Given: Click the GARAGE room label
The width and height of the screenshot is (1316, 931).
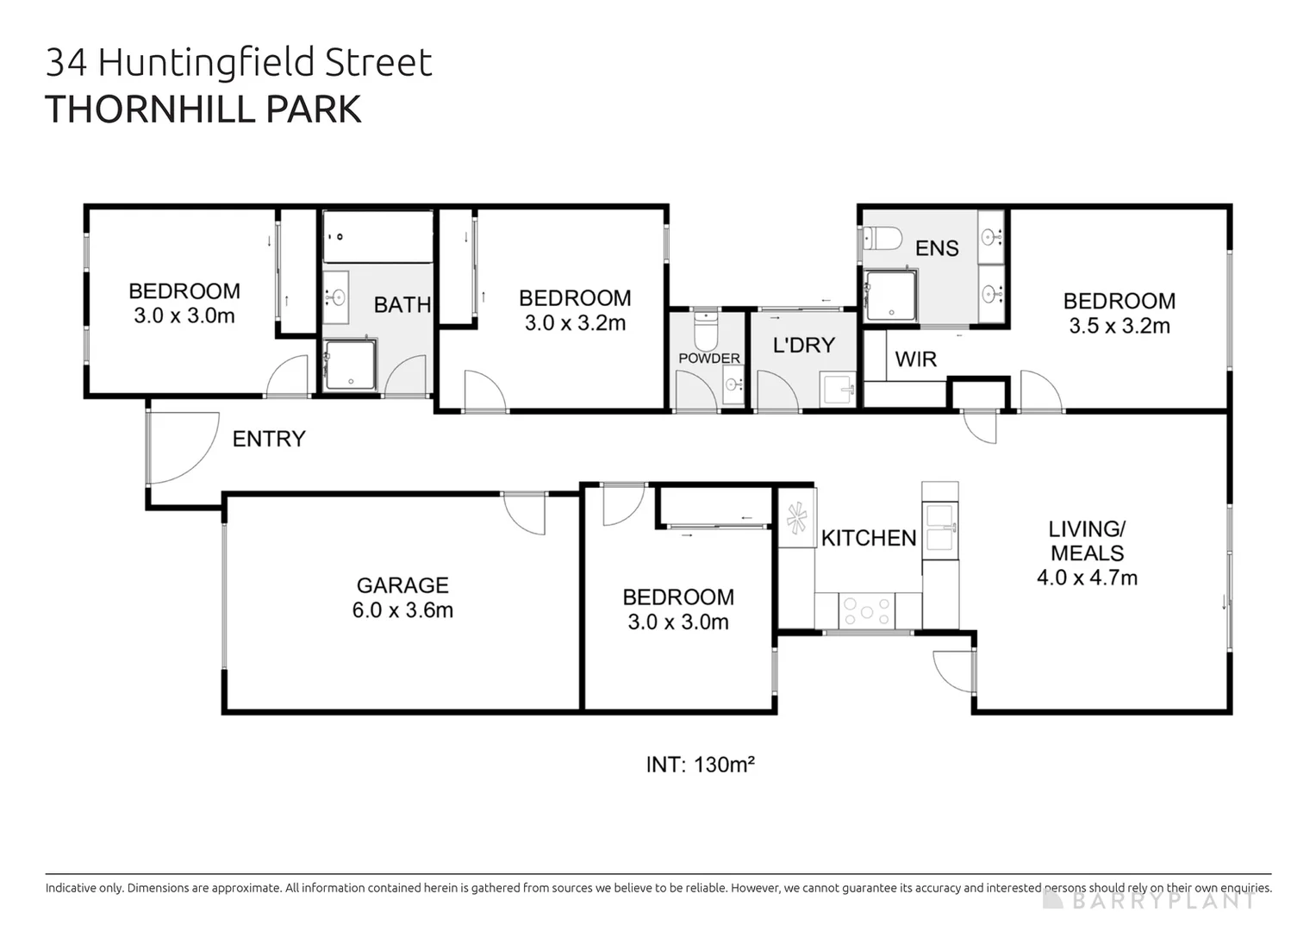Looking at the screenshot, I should point(402,585).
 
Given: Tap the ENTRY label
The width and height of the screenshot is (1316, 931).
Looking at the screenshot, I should point(269,439).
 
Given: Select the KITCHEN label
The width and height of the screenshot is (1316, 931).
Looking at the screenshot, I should point(869,538).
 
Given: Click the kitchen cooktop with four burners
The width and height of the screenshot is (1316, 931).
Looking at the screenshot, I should point(867,611).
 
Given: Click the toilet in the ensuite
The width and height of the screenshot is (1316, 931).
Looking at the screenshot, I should point(883,237).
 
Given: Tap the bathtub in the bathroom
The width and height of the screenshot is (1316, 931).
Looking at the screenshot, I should point(377,236).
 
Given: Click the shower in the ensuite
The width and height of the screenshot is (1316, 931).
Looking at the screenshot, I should point(890,296).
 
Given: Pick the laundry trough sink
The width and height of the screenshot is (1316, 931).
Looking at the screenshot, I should point(837,389).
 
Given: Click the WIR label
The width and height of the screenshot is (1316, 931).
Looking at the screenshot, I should point(915,359).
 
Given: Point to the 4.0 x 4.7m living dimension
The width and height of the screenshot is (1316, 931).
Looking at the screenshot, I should point(1087,578).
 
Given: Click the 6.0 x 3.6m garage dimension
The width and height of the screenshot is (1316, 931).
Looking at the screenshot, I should point(402,610).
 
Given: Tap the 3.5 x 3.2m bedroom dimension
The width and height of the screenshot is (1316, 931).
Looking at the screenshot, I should point(1120,326).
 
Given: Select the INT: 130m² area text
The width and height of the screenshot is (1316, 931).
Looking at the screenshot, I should point(701,765).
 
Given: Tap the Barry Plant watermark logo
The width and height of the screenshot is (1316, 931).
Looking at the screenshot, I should point(1149,900).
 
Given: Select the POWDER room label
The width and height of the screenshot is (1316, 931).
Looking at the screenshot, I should point(709,358).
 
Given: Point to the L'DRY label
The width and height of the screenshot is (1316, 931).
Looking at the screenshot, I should point(803,345).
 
